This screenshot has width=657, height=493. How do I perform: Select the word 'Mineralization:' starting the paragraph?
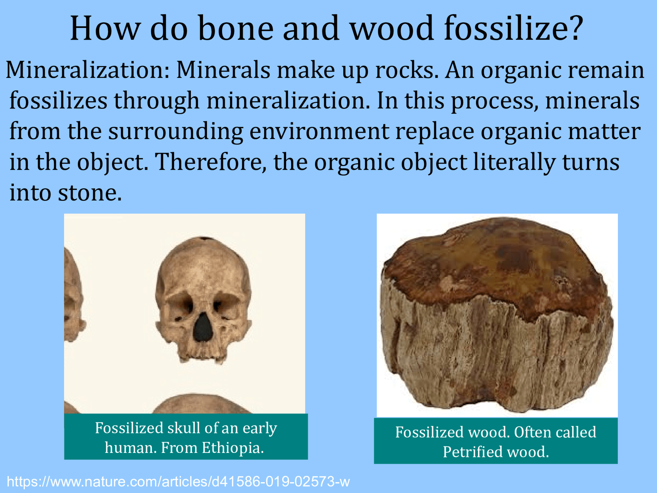[87, 70]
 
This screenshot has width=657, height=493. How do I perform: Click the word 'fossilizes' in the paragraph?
[58, 100]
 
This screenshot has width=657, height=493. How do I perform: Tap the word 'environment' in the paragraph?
[319, 131]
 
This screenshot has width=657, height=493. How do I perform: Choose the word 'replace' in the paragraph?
[434, 131]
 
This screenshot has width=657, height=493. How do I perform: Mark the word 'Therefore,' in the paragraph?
[211, 162]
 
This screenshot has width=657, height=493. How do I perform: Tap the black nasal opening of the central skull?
[203, 327]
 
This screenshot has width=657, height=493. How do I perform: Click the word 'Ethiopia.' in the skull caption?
[233, 447]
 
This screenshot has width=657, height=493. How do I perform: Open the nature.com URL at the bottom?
[178, 482]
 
